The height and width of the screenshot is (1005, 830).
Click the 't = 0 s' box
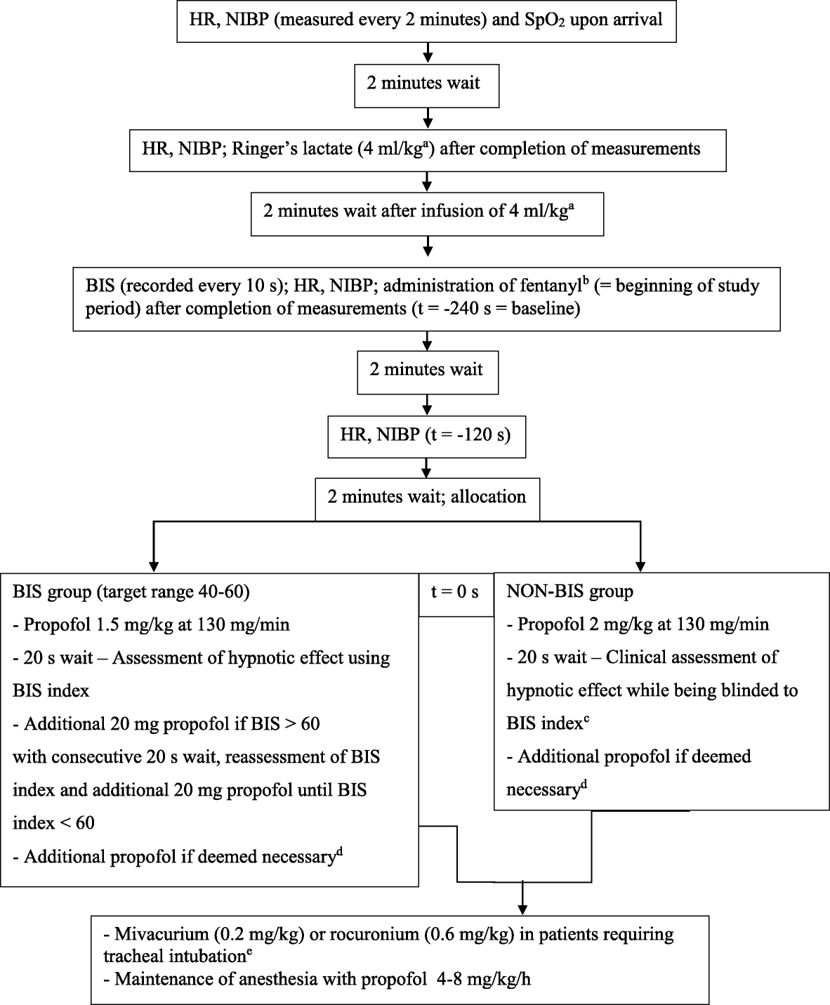tap(455, 592)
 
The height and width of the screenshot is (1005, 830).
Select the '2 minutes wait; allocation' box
tap(427, 497)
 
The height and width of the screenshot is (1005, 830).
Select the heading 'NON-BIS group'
tap(569, 591)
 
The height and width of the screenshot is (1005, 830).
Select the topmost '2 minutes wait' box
tap(427, 83)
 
